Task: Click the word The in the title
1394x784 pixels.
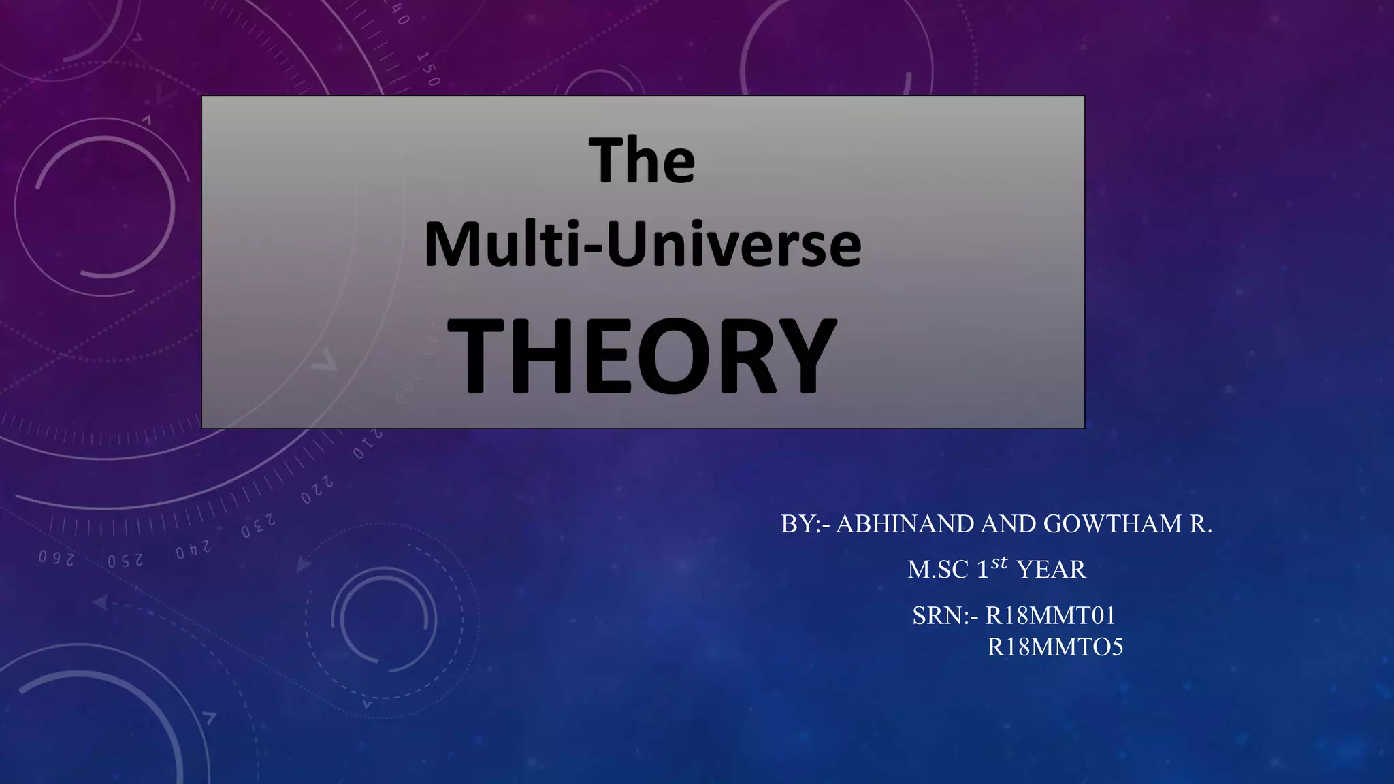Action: click(x=642, y=161)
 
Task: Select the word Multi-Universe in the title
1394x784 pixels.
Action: click(x=643, y=244)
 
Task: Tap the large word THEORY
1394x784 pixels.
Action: click(x=642, y=356)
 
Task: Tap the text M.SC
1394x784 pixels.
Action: click(x=938, y=570)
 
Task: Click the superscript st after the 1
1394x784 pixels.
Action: click(x=999, y=563)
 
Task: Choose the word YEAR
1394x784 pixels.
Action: click(x=1051, y=570)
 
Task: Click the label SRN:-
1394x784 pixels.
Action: click(x=945, y=616)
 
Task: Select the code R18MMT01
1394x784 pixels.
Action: click(x=1051, y=616)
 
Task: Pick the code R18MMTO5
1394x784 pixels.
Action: click(x=1055, y=647)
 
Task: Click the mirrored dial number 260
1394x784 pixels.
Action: click(x=56, y=558)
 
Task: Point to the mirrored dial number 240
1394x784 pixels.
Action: click(x=193, y=550)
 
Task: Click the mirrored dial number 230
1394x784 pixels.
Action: click(x=258, y=526)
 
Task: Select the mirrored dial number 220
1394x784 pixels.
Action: click(x=317, y=491)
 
